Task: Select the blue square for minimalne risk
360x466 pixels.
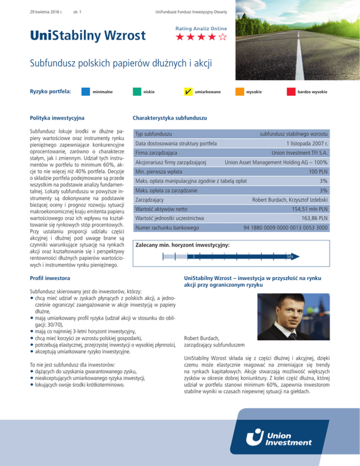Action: (86, 91)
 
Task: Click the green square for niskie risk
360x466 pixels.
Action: (137, 91)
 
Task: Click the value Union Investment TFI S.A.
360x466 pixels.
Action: (294, 153)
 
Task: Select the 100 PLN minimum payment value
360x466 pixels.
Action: (318, 173)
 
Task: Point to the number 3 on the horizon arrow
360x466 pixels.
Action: (194, 256)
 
